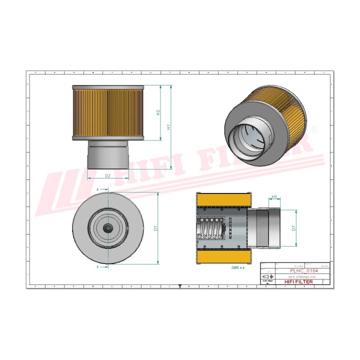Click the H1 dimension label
coord(169,127)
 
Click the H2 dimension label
coord(158,113)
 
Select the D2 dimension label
coord(107,176)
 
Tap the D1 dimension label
coord(155,227)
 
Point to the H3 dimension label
coord(274,197)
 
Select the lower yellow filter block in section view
coord(224,257)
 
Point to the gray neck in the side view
coord(107,155)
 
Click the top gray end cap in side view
coord(107,87)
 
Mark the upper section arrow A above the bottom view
coord(98,190)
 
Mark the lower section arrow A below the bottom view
coord(98,267)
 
